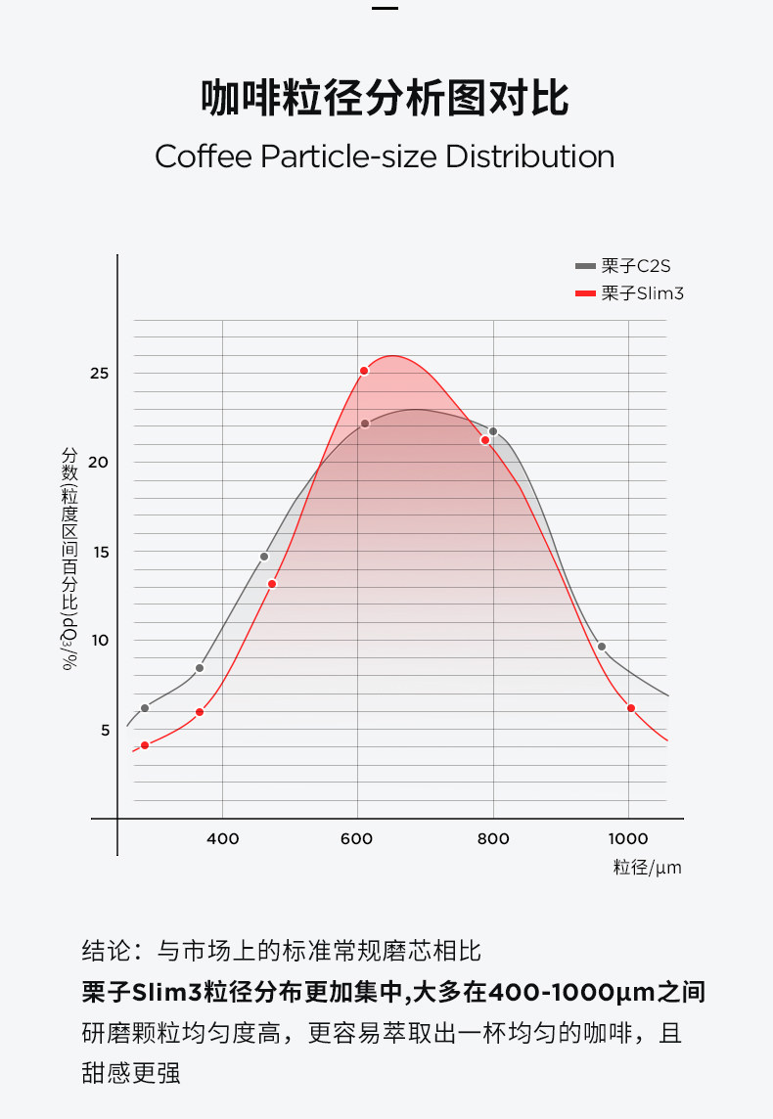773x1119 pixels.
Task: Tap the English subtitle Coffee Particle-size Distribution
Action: coord(385,157)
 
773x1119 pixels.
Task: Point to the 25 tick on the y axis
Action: coord(100,374)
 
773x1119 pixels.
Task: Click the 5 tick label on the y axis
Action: coord(105,730)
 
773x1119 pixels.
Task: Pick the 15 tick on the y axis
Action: coord(100,552)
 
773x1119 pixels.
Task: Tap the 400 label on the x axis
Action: coord(223,838)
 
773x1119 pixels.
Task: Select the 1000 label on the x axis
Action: coord(628,838)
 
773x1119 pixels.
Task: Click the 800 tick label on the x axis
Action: coord(493,838)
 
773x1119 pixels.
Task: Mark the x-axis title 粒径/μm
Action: coord(647,867)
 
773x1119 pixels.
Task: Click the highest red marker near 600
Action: coord(364,371)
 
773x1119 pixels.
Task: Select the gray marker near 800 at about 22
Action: coord(493,431)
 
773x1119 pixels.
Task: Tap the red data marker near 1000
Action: coord(631,708)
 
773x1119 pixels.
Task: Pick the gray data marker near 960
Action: coord(602,647)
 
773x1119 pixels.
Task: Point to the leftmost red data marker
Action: coord(145,745)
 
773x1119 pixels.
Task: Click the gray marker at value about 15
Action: coord(264,557)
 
